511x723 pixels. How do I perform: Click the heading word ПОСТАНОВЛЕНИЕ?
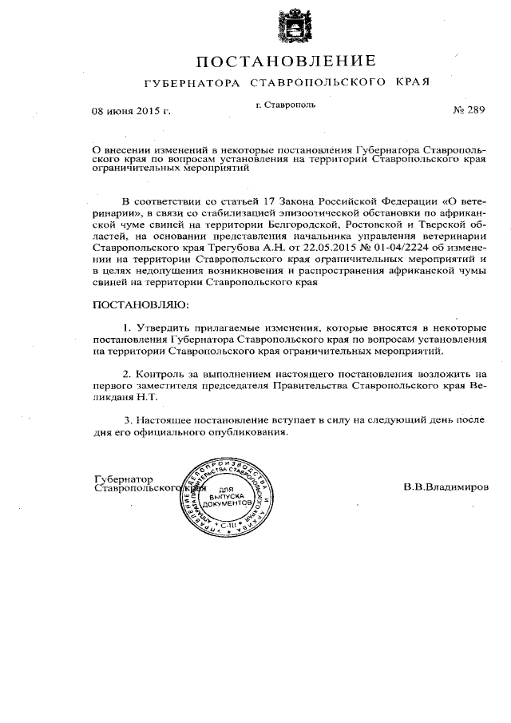pos(286,62)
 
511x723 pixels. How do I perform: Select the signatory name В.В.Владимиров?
pos(446,486)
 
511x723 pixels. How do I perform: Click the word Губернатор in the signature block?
pos(124,478)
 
